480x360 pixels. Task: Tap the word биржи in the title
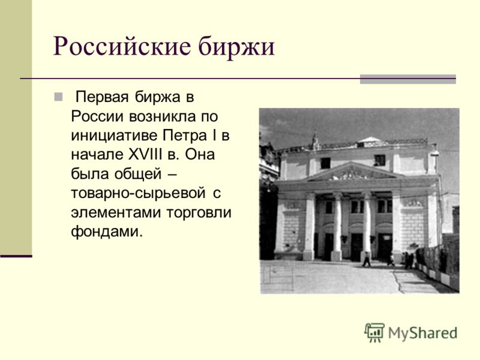tap(236, 46)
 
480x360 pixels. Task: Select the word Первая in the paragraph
tap(102, 97)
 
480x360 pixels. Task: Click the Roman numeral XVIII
tap(145, 154)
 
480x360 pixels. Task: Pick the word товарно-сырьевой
tap(138, 193)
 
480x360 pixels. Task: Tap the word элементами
tap(116, 212)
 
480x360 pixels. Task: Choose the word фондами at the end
tap(107, 232)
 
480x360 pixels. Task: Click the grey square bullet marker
tap(58, 97)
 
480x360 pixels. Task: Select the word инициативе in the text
tap(114, 136)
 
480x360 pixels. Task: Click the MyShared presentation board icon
tap(374, 332)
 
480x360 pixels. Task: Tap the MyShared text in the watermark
tap(422, 333)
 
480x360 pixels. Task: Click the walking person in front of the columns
tap(367, 259)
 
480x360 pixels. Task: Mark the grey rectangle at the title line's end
tap(408, 79)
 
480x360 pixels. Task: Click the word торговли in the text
tap(199, 213)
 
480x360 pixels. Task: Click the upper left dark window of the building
tap(325, 163)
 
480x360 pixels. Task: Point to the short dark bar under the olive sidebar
tap(16, 256)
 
